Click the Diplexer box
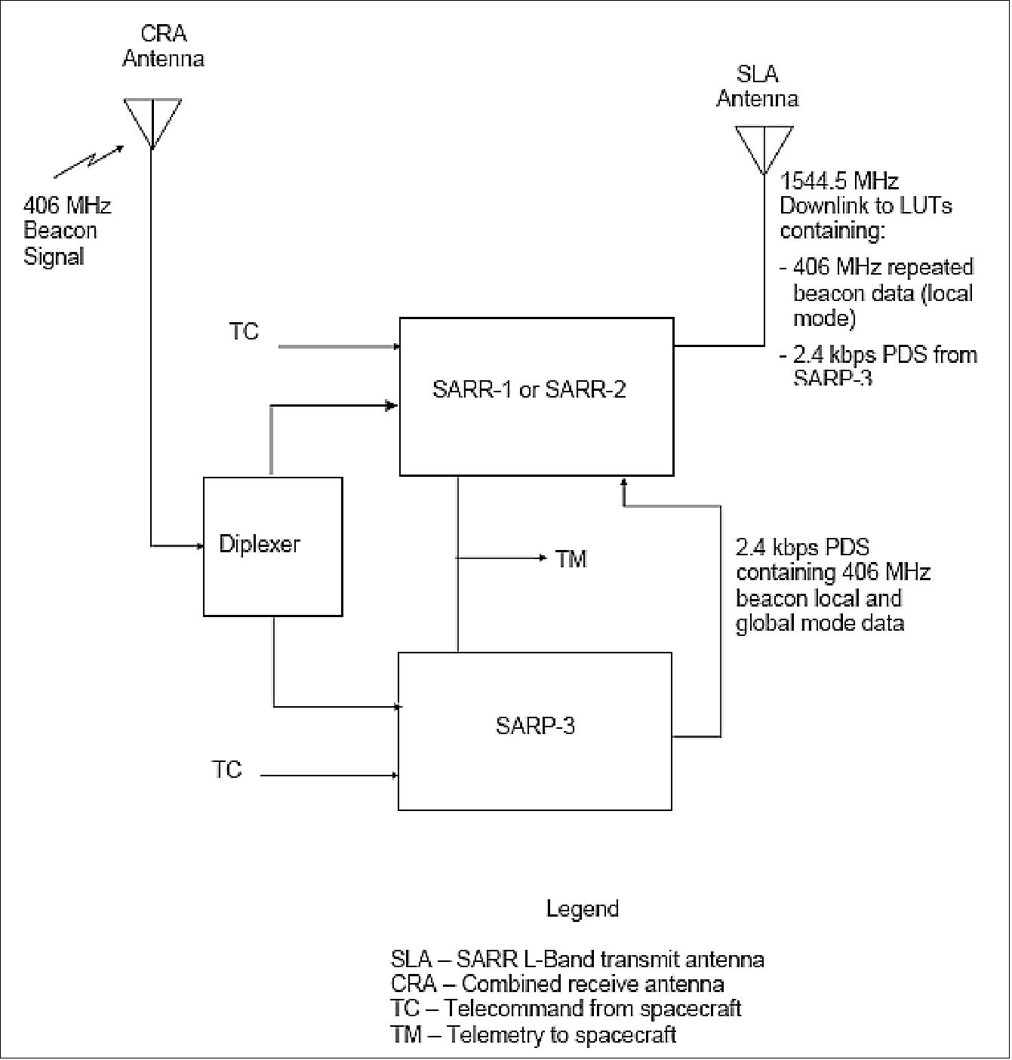click(x=272, y=546)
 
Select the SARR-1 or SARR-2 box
click(x=536, y=396)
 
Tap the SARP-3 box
click(x=534, y=730)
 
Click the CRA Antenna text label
click(x=163, y=46)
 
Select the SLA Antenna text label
click(x=757, y=86)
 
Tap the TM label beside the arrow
click(x=571, y=559)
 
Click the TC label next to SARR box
click(x=244, y=332)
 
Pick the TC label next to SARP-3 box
click(x=226, y=770)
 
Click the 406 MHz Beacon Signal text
click(x=67, y=231)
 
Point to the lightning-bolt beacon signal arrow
click(x=89, y=161)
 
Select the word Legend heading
click(x=582, y=908)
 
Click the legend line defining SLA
click(x=577, y=959)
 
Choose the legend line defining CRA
click(x=557, y=984)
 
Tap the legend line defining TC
click(x=565, y=1009)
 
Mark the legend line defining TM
click(x=533, y=1034)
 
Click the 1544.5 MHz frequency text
click(x=838, y=181)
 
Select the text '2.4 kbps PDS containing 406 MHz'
click(x=832, y=559)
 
